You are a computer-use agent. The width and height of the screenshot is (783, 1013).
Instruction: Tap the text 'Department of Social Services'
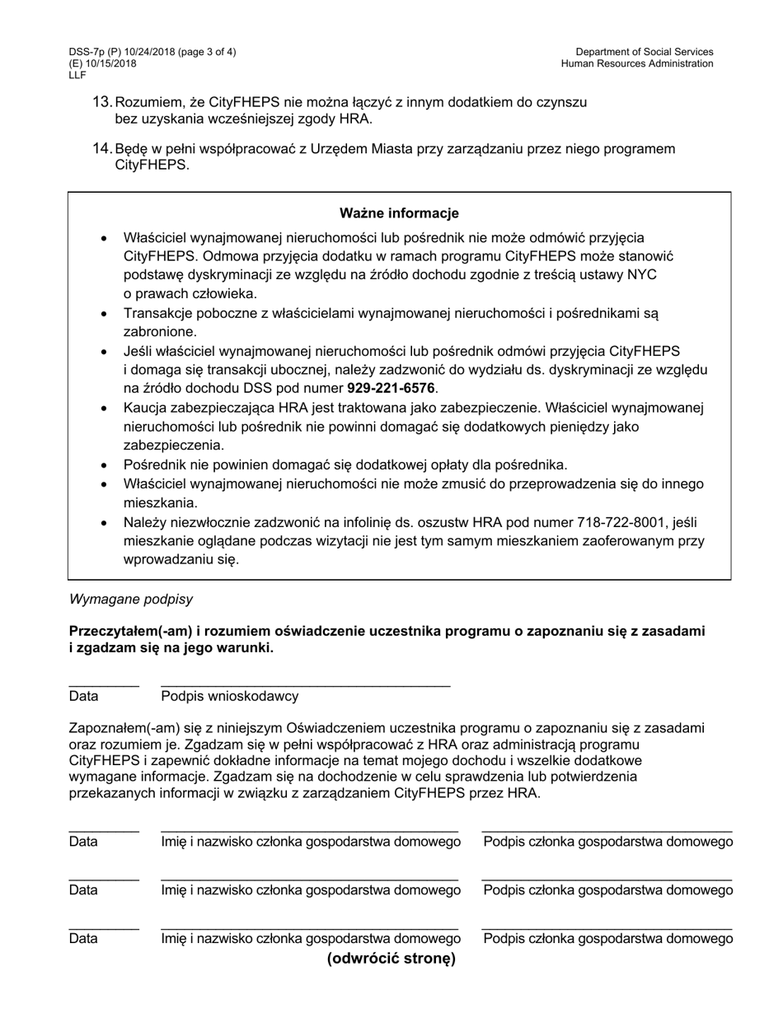point(645,52)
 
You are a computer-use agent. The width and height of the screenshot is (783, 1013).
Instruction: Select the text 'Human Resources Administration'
point(637,63)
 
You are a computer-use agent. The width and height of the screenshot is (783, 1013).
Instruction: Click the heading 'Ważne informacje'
point(399,213)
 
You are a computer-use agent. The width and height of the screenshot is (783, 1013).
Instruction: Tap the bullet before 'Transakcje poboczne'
point(104,314)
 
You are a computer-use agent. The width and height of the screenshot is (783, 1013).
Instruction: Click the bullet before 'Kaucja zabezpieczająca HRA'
point(104,408)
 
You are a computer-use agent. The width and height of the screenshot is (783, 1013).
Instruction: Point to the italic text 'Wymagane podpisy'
point(131,599)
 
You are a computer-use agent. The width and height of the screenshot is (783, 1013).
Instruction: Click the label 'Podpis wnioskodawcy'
point(229,696)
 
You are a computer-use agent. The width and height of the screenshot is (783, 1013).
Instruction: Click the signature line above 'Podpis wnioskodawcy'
point(305,685)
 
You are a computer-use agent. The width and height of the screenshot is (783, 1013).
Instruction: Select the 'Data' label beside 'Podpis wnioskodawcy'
point(84,696)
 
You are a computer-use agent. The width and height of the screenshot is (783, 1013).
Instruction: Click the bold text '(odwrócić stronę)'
point(391,959)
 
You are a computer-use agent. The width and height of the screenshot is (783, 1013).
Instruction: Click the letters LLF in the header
point(77,75)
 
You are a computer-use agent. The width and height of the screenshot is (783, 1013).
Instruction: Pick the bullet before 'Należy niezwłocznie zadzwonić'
point(104,523)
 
